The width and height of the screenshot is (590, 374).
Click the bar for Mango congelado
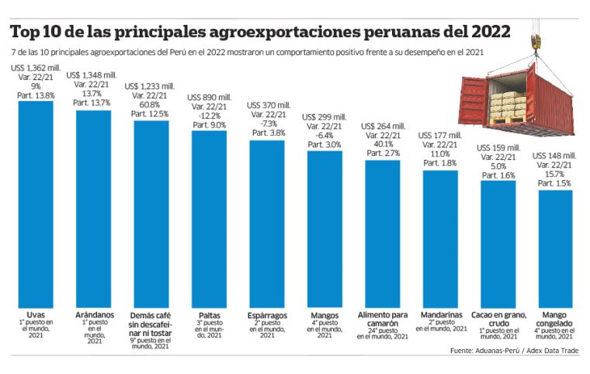[x=555, y=248]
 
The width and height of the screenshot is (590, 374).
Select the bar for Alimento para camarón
[x=383, y=233]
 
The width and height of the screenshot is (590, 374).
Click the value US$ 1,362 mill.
[x=36, y=68]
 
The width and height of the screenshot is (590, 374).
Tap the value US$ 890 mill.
[x=209, y=95]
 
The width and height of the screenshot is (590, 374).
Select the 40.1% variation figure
[x=383, y=144]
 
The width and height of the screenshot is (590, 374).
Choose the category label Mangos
[x=324, y=316]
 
